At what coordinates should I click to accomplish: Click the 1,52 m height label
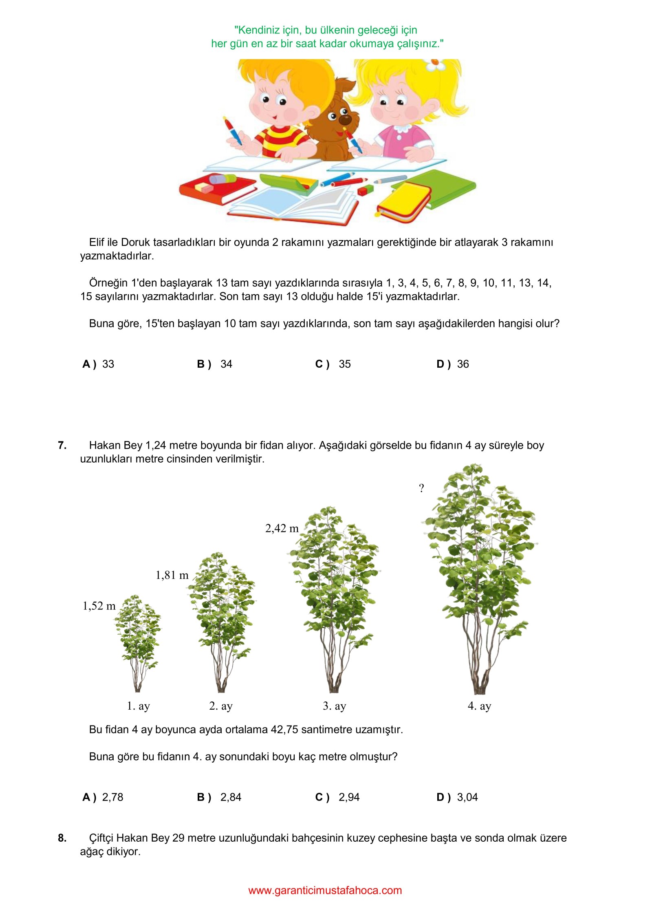click(99, 606)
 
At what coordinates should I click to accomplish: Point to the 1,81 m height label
click(172, 575)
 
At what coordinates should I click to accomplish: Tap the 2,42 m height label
click(282, 529)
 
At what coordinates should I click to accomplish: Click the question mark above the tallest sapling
click(421, 488)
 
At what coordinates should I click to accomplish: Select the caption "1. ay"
click(139, 706)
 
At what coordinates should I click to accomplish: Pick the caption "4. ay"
click(479, 706)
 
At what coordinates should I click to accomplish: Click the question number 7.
click(62, 445)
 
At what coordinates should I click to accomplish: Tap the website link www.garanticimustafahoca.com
click(325, 890)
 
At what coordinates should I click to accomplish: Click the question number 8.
click(62, 838)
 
